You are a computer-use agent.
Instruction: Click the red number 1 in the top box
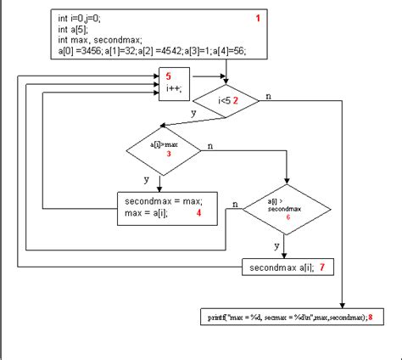(x=259, y=18)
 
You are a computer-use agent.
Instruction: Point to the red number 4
(x=198, y=212)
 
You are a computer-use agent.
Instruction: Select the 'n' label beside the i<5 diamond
(x=269, y=95)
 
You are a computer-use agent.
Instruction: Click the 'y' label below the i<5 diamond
(x=193, y=113)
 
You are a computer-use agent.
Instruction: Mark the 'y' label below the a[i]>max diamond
(x=147, y=179)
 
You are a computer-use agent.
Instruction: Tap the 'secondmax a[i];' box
(x=285, y=267)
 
